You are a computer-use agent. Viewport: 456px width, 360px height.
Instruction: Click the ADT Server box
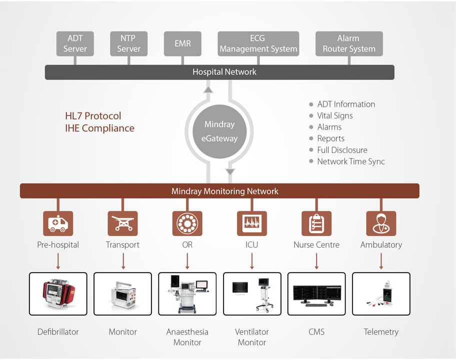point(75,43)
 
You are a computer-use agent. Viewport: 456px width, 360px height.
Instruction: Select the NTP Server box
point(128,43)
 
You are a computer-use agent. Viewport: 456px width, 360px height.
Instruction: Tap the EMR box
point(182,43)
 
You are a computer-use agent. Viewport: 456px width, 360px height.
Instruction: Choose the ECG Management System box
point(258,43)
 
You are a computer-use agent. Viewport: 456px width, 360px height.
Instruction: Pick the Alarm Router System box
point(348,43)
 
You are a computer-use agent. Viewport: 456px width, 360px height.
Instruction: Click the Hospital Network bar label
point(224,72)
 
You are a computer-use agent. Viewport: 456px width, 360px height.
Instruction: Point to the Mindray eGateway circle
point(219,131)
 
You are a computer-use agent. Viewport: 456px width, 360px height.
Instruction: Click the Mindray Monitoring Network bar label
point(224,191)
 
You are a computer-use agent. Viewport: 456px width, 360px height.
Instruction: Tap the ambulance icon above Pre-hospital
point(58,223)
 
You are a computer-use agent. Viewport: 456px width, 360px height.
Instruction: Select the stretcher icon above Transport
point(122,223)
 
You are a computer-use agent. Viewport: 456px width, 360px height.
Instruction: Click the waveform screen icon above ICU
point(252,223)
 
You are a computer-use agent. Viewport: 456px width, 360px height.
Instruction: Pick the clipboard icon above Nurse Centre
point(316,223)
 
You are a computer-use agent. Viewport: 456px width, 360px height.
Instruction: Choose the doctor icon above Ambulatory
point(381,223)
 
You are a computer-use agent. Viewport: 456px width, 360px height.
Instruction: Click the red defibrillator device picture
point(58,293)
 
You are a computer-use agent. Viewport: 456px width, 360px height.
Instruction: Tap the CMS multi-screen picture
point(316,293)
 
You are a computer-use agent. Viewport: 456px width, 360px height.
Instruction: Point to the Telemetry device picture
point(381,293)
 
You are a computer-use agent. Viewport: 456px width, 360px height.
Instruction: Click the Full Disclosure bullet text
point(342,150)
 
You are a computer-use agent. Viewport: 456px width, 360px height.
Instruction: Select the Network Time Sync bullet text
point(351,161)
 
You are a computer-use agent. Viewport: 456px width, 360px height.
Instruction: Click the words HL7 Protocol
point(93,116)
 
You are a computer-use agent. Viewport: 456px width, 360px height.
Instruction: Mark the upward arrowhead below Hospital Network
point(208,89)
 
